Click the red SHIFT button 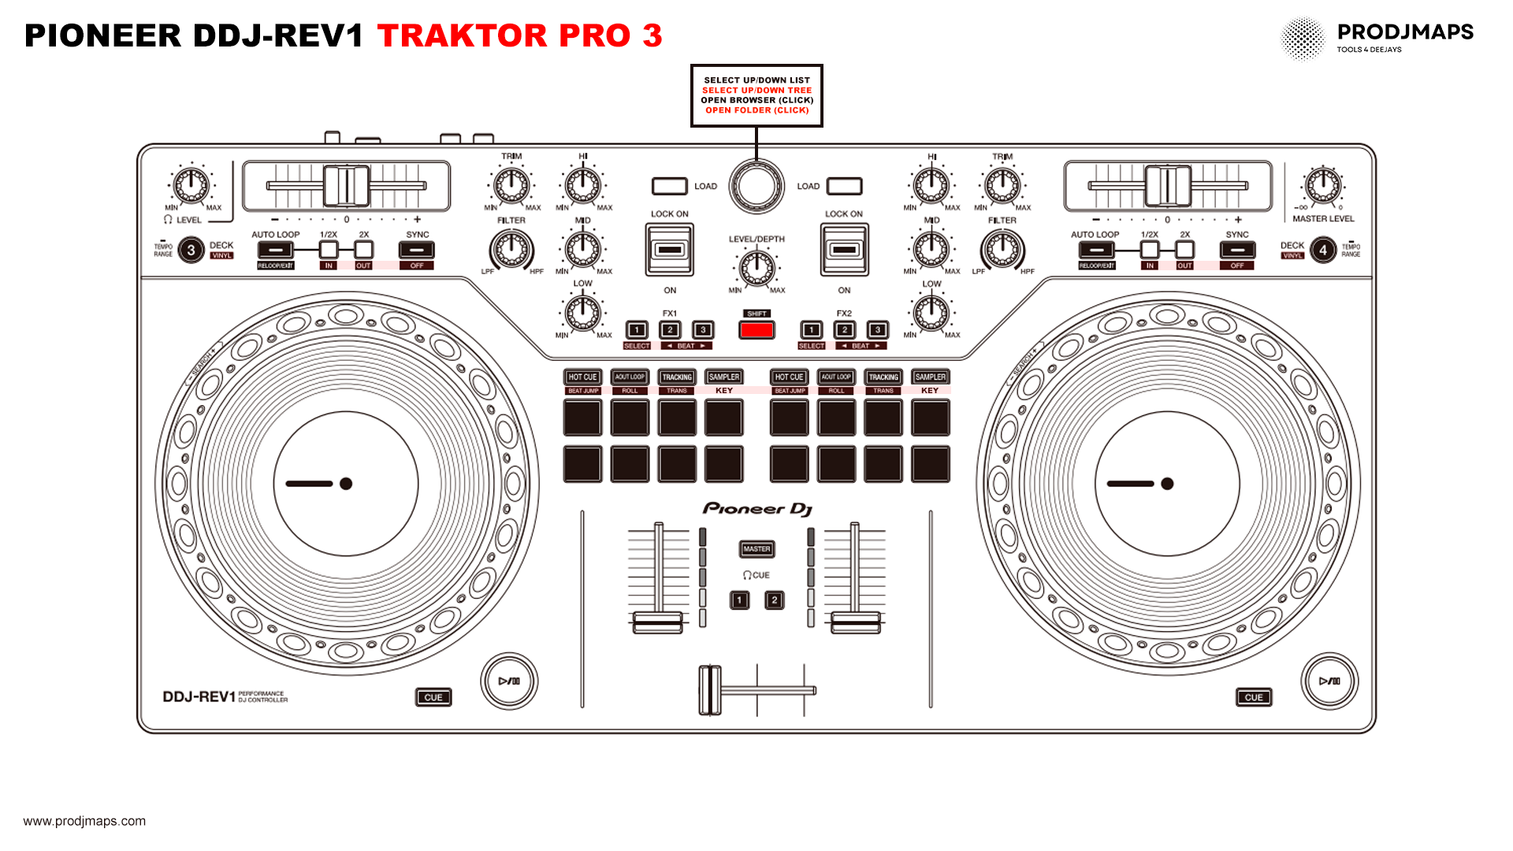click(756, 330)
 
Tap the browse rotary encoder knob click(756, 186)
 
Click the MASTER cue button click(756, 549)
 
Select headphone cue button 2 click(775, 600)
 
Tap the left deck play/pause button click(509, 681)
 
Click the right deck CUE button click(1253, 697)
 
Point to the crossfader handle click(710, 690)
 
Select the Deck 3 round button click(191, 251)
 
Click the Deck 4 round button click(1323, 251)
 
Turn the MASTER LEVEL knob click(1323, 186)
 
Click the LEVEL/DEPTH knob click(756, 267)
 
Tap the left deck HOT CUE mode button click(583, 377)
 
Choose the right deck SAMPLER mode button click(930, 377)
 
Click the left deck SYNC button click(417, 251)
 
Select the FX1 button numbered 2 click(670, 330)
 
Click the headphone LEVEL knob click(191, 186)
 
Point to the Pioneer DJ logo click(756, 509)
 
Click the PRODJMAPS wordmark click(1405, 32)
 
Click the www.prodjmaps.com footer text click(84, 821)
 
